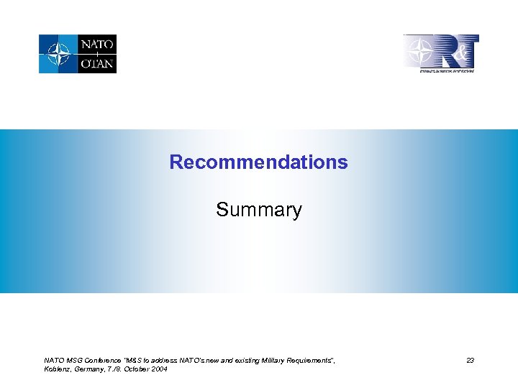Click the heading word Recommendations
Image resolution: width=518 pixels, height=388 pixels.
click(x=258, y=162)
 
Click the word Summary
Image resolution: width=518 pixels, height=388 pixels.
click(x=259, y=210)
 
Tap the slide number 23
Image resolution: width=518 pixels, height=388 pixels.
click(x=470, y=360)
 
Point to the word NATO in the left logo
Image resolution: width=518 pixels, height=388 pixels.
click(x=97, y=45)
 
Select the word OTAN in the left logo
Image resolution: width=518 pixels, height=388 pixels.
click(x=97, y=63)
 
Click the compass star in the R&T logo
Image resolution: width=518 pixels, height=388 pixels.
click(x=418, y=52)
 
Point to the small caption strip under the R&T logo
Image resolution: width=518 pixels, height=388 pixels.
click(x=447, y=70)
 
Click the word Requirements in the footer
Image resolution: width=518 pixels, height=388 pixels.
click(x=309, y=360)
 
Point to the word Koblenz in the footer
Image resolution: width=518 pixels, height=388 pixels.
click(x=56, y=369)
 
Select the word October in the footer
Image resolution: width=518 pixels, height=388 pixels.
click(x=138, y=369)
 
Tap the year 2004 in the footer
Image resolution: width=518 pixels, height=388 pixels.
click(x=160, y=369)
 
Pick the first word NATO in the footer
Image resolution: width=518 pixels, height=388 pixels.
click(x=54, y=360)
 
